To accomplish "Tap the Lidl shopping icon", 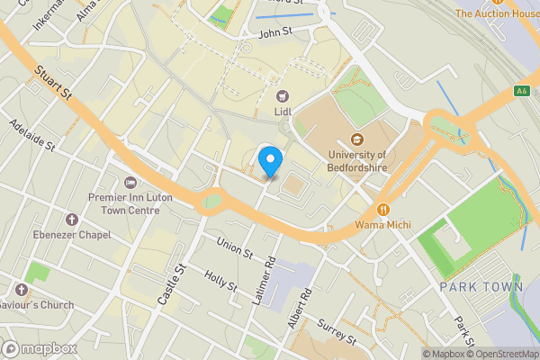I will click(x=283, y=96).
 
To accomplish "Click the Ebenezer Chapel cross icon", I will click(x=72, y=220).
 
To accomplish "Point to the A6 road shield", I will click(x=521, y=90).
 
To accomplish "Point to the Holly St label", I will click(x=220, y=281).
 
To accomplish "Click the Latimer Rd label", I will click(x=263, y=278).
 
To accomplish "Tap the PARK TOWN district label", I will click(x=481, y=287).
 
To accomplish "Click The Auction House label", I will click(x=497, y=13).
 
